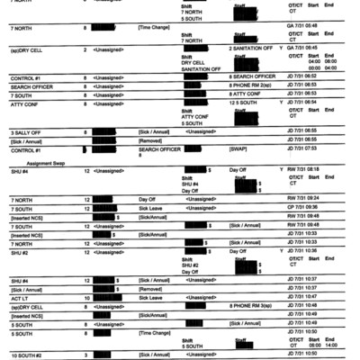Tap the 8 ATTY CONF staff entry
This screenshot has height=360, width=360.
pos(247,94)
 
